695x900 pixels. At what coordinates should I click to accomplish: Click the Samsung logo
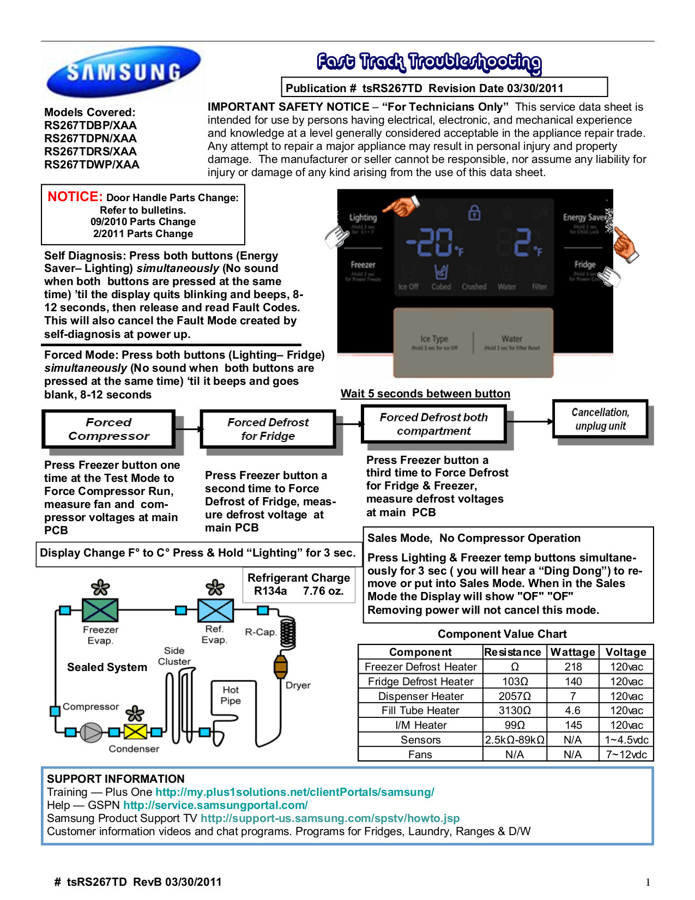coord(124,71)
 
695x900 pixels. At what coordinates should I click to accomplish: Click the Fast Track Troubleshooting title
coord(429,62)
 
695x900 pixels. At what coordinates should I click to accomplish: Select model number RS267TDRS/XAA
coord(90,152)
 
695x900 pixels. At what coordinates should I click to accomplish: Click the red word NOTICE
coord(75,197)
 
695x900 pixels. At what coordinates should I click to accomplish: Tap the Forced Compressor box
coord(108,429)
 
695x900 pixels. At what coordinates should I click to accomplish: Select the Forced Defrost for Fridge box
coord(268,429)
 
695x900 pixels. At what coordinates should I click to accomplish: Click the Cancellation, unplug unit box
coord(600,419)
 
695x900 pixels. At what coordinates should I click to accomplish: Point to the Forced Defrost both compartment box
coord(433,424)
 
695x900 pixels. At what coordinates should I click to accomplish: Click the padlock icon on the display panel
coord(474,213)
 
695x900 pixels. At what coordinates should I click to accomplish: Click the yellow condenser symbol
coord(135,732)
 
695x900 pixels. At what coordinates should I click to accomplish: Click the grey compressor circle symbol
coord(91,732)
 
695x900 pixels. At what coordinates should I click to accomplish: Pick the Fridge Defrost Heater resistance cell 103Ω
coord(515,681)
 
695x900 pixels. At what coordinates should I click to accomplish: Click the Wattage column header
coord(572,652)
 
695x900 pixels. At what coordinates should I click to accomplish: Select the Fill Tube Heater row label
coord(420,710)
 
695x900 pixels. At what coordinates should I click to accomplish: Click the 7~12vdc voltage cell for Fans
coord(626,754)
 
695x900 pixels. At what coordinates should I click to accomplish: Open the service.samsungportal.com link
coord(215,805)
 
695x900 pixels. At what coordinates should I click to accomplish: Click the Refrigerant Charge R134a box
coord(298,584)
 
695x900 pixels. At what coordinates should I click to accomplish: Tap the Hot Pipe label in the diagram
coord(231,695)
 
